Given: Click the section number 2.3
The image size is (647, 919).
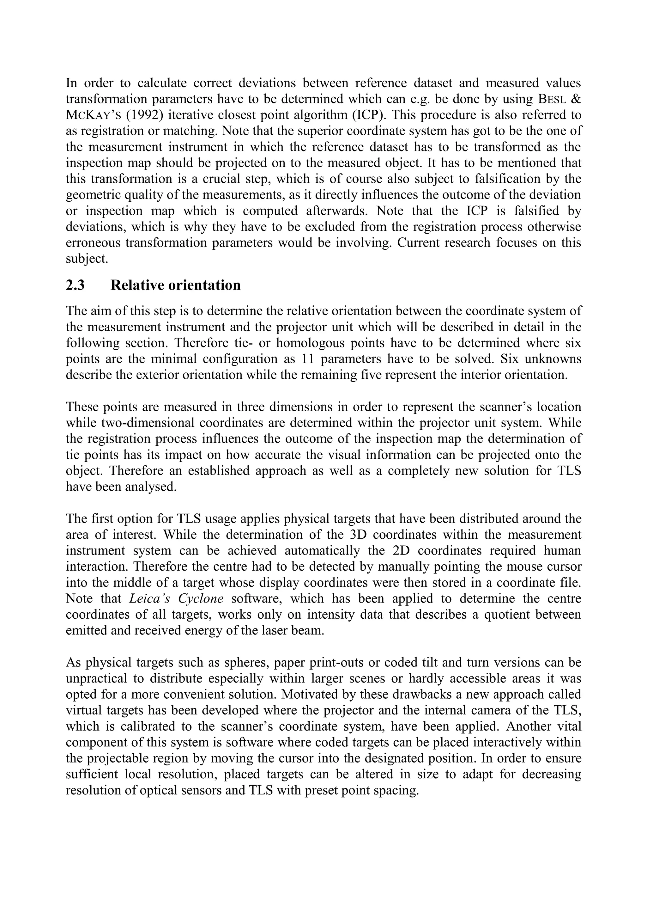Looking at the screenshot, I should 75,285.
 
